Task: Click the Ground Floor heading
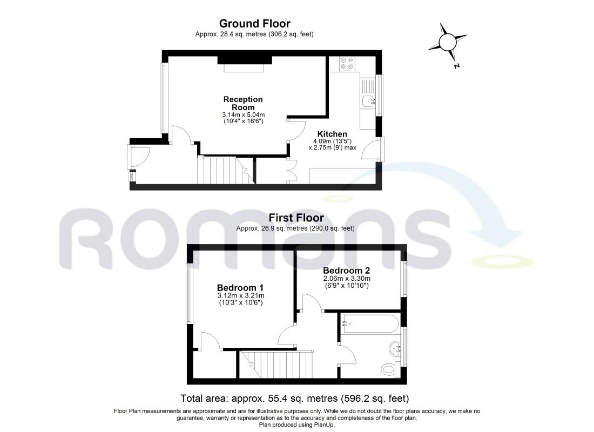pos(254,24)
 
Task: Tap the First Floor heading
pos(296,218)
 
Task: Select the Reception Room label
pos(243,103)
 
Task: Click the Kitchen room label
pos(332,134)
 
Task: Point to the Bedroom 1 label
pos(240,288)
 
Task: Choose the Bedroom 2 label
pos(346,271)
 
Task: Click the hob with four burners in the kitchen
pos(347,64)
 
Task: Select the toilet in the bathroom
pos(389,368)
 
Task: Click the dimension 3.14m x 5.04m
pos(243,115)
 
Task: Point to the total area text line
pos(295,399)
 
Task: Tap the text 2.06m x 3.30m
pos(347,279)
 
